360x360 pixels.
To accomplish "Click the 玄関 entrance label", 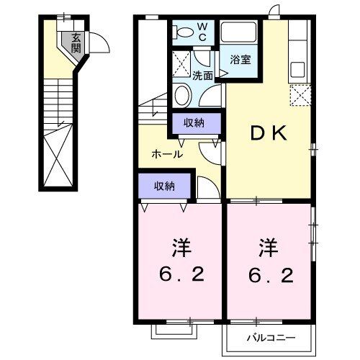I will point(76,43).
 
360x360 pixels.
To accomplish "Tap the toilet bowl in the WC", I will point(183,31).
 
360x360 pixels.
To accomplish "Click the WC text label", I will point(202,30).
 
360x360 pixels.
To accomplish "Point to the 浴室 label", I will point(240,60).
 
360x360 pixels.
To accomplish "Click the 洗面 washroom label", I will point(202,75).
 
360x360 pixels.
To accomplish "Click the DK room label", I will point(269,132).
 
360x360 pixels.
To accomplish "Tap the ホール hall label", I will point(166,153).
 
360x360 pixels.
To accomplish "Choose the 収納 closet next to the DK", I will point(194,122).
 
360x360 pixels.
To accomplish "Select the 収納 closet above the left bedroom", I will point(164,186).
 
